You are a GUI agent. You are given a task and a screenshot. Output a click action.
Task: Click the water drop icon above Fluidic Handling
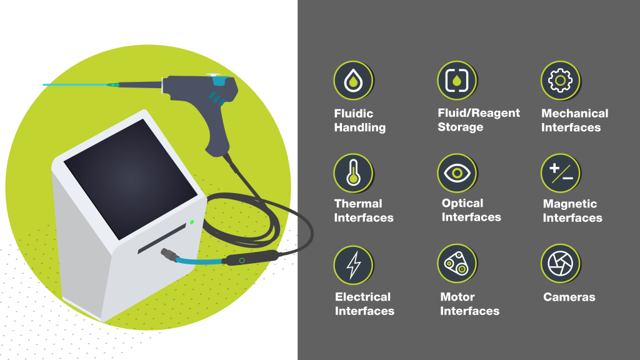point(354,81)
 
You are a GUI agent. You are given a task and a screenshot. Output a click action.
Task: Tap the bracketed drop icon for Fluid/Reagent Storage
point(457,81)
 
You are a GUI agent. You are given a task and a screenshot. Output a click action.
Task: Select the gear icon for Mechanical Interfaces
point(561,81)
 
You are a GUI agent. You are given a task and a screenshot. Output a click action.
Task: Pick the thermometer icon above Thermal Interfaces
point(354,173)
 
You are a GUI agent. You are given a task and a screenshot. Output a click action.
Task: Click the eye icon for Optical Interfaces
point(457,173)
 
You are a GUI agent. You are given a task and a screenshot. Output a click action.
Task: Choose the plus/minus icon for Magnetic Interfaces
point(561,173)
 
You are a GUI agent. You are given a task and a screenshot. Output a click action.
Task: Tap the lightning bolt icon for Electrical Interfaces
point(354,265)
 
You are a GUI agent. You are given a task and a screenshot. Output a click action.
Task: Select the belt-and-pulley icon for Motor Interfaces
point(457,264)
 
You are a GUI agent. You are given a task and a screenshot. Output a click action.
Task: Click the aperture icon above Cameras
point(561,264)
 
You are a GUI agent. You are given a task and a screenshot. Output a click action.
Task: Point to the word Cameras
point(569,297)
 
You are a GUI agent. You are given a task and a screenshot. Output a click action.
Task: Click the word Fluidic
point(354,114)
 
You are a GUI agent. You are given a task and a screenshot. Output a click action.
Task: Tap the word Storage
point(461,127)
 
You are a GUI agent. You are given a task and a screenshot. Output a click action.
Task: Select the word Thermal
point(358,204)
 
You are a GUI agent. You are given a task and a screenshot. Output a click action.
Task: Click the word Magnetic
point(570,204)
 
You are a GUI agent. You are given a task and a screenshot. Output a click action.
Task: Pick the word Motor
point(457,297)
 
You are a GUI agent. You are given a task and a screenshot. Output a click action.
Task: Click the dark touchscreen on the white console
point(130,178)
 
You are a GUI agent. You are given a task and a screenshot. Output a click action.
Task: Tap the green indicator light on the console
point(192,222)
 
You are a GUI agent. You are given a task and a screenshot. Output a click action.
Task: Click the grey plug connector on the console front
point(169,254)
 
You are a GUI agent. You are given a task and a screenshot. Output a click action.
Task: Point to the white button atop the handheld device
point(214,75)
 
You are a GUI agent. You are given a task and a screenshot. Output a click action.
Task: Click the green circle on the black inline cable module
point(242,261)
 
